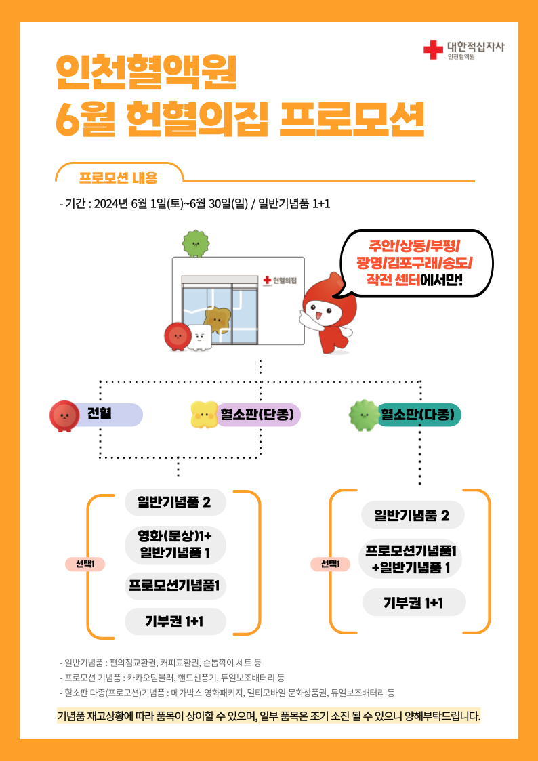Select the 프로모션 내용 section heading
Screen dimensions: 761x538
coord(118,178)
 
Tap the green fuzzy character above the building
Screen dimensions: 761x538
coord(195,243)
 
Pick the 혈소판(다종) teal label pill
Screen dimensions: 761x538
coord(420,415)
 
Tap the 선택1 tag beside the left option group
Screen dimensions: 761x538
coord(85,564)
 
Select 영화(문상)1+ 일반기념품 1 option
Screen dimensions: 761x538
coord(175,544)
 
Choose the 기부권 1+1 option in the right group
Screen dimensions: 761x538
coord(413,602)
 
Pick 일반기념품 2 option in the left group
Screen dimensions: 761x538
coord(175,502)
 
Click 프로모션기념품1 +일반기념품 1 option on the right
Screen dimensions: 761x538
coord(411,559)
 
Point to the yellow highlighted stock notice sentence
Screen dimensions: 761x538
coord(269,716)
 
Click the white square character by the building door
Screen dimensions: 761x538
coord(199,337)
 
